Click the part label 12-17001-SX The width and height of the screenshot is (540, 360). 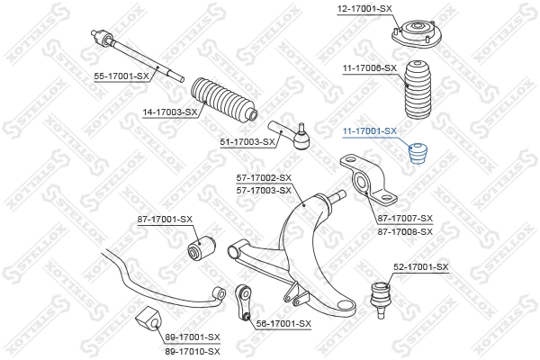click(x=365, y=8)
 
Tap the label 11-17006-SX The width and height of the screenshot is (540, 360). click(x=369, y=67)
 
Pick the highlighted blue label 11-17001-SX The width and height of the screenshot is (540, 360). click(x=369, y=131)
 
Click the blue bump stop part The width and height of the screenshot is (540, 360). click(x=418, y=156)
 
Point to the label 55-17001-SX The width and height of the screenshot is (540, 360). click(x=121, y=77)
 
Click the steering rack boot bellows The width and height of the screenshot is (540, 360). click(x=222, y=100)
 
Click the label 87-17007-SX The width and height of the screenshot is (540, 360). click(x=405, y=219)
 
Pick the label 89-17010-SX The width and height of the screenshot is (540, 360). click(x=192, y=348)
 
